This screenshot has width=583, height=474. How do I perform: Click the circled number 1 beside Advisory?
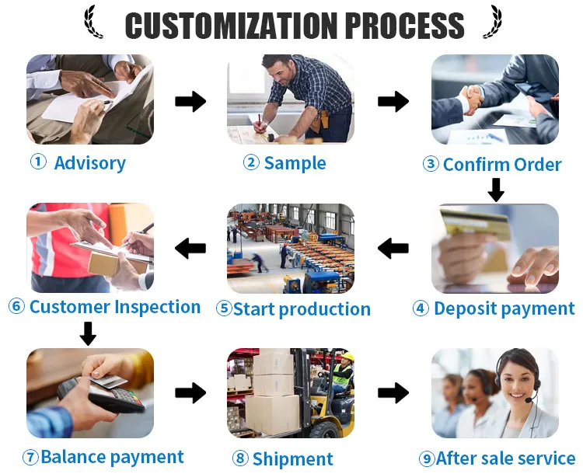pos(38,162)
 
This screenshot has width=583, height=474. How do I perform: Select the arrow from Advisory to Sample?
pos(190,101)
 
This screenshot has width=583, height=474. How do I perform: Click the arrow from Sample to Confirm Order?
pos(393,101)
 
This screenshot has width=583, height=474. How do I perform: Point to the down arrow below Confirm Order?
pos(496,190)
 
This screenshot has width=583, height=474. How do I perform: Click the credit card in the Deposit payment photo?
pos(475,224)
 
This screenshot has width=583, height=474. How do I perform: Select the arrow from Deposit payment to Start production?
pos(393,248)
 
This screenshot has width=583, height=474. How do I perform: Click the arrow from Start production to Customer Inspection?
pos(190,248)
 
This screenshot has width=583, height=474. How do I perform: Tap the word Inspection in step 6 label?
pos(157,308)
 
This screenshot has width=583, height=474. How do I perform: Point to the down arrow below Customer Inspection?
pos(88,333)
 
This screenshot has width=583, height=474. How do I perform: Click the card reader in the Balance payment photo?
pos(99,395)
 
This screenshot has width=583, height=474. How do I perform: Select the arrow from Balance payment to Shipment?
pos(190,392)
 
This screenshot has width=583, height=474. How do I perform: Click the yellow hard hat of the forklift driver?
pos(347,357)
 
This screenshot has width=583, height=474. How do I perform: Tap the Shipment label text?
pos(292,458)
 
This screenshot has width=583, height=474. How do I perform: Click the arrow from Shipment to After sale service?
pos(393,392)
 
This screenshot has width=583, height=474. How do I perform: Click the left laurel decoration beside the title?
pos(93,22)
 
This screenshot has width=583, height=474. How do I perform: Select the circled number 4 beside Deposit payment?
pos(421,308)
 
